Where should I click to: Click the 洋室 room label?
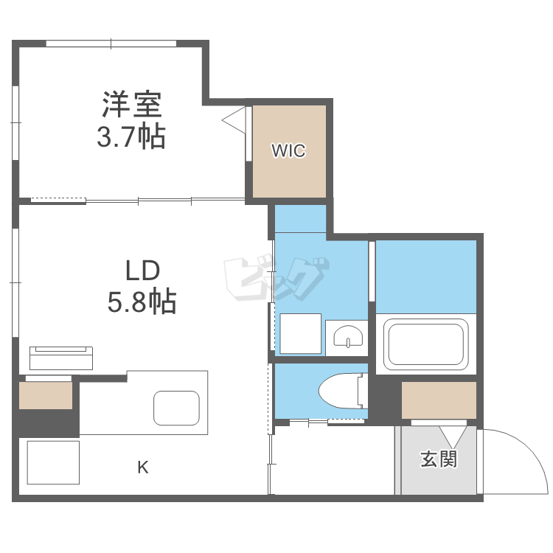tap(131, 105)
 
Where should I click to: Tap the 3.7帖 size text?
tap(131, 137)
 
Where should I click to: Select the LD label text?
tap(142, 271)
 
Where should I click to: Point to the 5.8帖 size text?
tap(142, 302)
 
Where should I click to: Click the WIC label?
tap(288, 152)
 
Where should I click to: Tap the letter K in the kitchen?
tap(143, 467)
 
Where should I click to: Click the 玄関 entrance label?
tap(439, 459)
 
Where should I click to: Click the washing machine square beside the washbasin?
tap(301, 334)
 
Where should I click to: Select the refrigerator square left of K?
tap(53, 462)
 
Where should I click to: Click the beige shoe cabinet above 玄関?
tap(439, 400)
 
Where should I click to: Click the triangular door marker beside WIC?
tap(234, 119)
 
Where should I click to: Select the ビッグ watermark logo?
tap(274, 279)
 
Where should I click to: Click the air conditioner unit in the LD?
tap(62, 357)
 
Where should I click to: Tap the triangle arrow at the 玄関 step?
tap(449, 434)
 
